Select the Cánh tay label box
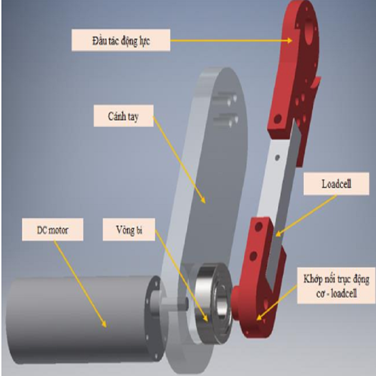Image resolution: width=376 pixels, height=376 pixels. (x=123, y=116)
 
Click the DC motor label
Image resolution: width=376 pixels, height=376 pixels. (x=52, y=230)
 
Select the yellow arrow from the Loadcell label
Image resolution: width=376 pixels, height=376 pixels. (x=305, y=214)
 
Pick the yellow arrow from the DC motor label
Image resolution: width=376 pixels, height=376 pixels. (x=80, y=282)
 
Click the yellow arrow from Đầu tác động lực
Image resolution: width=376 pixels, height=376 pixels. (x=230, y=40)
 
